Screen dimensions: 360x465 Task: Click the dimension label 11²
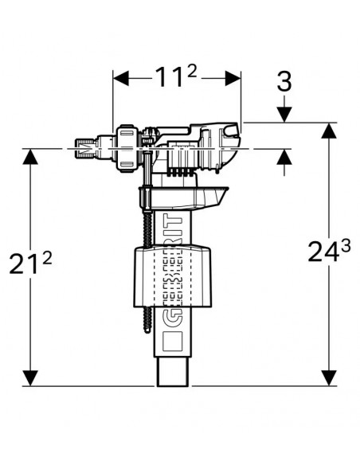pos(176,76)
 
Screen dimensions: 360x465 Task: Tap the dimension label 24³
pos(329,251)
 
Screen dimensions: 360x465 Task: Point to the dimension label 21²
pos(30,263)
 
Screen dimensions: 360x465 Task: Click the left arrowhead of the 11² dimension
pos(121,79)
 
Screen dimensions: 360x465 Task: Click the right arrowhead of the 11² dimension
pos(233,79)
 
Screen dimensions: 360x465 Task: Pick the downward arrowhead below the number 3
pos(284,115)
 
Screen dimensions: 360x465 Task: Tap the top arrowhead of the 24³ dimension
pos(329,131)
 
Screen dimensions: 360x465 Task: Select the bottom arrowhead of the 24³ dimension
pos(329,378)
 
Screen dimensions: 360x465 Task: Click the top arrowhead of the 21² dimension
pos(30,156)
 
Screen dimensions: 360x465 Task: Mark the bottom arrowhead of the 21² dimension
pos(30,378)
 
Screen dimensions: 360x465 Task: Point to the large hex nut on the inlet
pos(127,147)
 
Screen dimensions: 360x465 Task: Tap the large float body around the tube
pos(172,276)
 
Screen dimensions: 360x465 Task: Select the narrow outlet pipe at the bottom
pos(172,371)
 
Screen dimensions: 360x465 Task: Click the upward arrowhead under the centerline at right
pos(284,156)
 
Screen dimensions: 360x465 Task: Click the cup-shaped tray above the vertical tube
pos(183,198)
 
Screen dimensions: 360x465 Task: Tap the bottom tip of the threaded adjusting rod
pos(147,333)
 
